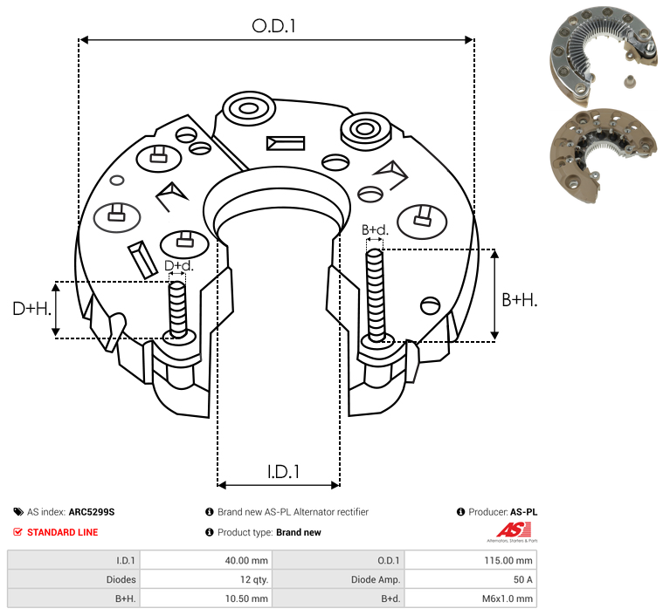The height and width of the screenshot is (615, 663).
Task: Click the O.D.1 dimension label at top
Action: point(273,26)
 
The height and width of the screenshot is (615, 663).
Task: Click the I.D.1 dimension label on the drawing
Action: point(283,471)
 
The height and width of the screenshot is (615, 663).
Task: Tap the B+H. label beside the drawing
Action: point(519,300)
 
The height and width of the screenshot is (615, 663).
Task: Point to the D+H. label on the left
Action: point(31,309)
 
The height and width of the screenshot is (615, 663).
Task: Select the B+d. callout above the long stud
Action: point(375,229)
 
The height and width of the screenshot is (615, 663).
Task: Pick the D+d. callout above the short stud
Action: point(178,266)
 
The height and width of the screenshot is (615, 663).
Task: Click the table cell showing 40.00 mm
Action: point(246,561)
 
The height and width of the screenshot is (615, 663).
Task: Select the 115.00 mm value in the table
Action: point(508,561)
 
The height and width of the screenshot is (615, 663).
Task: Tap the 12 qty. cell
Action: point(253,579)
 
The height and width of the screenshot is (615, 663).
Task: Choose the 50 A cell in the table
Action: point(522,579)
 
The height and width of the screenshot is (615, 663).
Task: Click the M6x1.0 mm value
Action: point(507,598)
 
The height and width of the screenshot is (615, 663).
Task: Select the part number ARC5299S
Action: point(92,512)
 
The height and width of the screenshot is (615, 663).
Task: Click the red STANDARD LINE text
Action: point(63,532)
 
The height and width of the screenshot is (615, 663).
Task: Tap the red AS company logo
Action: point(514,530)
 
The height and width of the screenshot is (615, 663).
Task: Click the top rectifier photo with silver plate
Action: point(604,56)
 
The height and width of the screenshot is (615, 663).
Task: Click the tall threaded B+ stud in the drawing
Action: point(376,295)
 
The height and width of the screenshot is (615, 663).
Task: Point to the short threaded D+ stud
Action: point(177,310)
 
